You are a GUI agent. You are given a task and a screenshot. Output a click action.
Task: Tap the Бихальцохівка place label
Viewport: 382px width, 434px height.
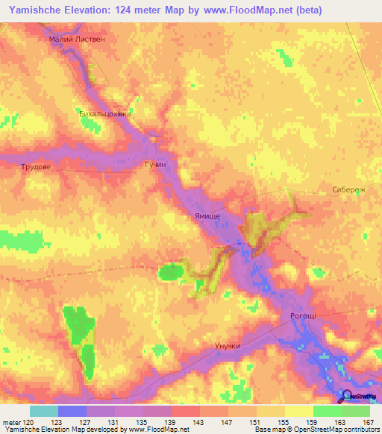pyautogui.click(x=105, y=114)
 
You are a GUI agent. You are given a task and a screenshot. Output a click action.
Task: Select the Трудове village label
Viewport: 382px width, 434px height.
pyautogui.click(x=36, y=167)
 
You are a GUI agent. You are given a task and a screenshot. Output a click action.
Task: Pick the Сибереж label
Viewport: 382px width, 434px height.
pyautogui.click(x=346, y=190)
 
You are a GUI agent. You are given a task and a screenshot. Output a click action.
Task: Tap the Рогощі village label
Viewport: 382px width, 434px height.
pyautogui.click(x=303, y=317)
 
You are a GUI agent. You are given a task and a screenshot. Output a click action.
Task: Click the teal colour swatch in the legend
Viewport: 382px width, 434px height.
pyautogui.click(x=43, y=411)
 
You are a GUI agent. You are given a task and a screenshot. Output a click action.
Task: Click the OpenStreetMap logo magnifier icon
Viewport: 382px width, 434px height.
pyautogui.click(x=346, y=397)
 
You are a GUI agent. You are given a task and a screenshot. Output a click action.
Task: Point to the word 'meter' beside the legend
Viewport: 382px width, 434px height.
pyautogui.click(x=10, y=422)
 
